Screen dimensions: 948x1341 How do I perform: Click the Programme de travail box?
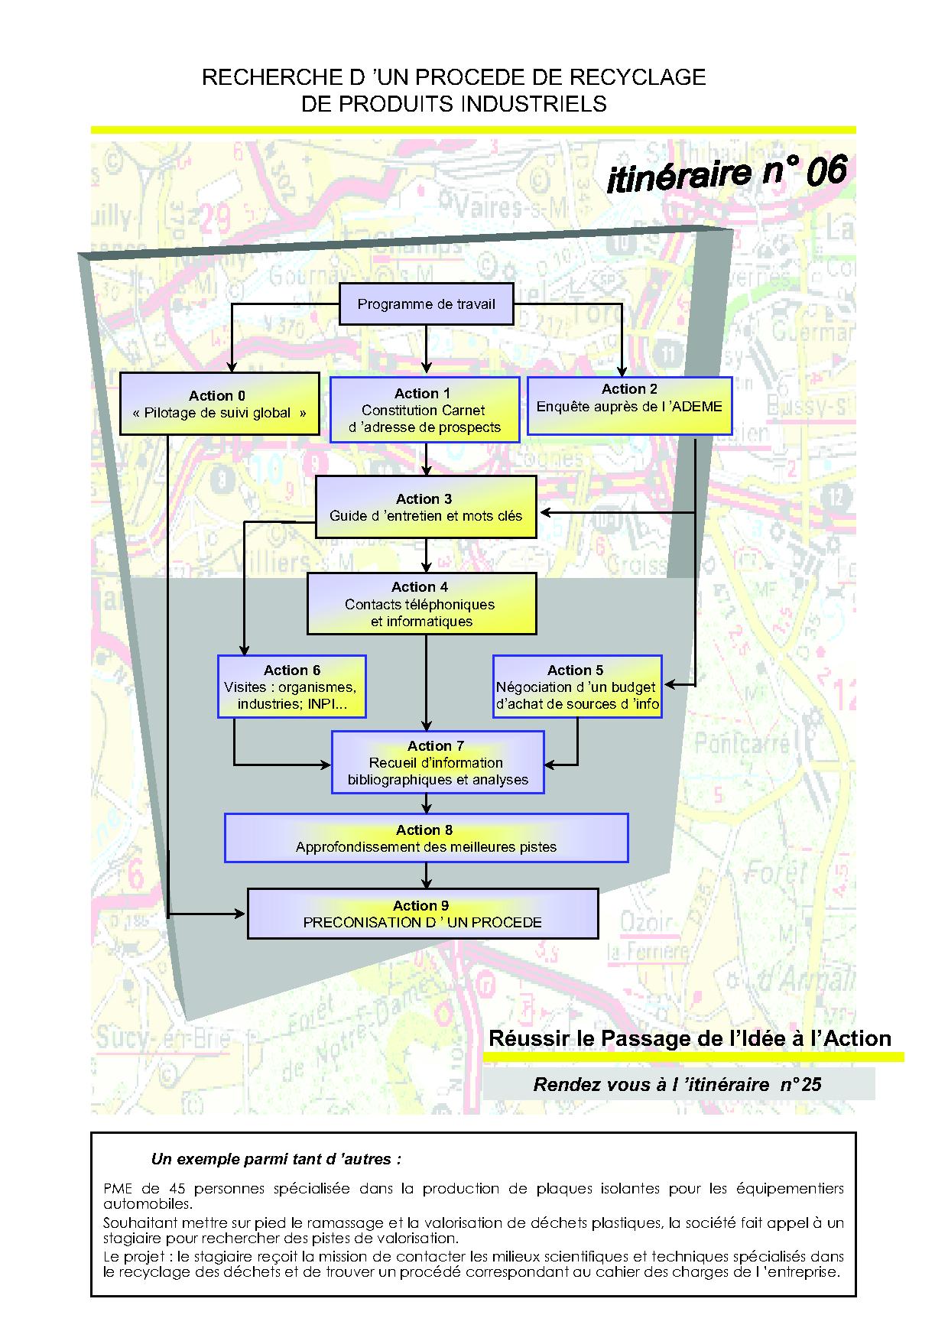[x=426, y=304]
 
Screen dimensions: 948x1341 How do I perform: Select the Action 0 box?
[x=219, y=404]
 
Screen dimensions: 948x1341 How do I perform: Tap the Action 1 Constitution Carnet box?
[x=425, y=410]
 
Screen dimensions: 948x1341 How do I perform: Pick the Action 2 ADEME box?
[x=630, y=406]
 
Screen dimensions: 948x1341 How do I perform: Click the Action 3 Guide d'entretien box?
[x=426, y=507]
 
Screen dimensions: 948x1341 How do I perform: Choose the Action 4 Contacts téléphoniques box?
[x=421, y=603]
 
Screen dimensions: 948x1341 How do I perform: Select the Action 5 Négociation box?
[x=577, y=687]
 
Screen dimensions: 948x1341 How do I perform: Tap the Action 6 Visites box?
[x=292, y=686]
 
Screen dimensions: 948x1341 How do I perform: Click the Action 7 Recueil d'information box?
[x=437, y=762]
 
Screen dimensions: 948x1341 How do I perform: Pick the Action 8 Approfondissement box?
[x=426, y=838]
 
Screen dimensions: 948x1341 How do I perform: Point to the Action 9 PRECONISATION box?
[x=423, y=914]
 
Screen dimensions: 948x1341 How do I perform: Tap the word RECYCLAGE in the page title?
[x=644, y=77]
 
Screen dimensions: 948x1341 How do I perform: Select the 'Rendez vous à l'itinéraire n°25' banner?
[x=677, y=1084]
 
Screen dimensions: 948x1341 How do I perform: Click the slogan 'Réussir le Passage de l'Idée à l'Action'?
[x=690, y=1038]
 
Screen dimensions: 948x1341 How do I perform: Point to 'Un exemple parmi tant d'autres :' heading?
[x=276, y=1159]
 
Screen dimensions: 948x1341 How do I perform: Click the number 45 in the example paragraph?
[x=173, y=1189]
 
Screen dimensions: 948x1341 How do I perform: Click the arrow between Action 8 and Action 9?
[x=427, y=875]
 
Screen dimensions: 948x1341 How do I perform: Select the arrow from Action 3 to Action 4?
[x=427, y=556]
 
